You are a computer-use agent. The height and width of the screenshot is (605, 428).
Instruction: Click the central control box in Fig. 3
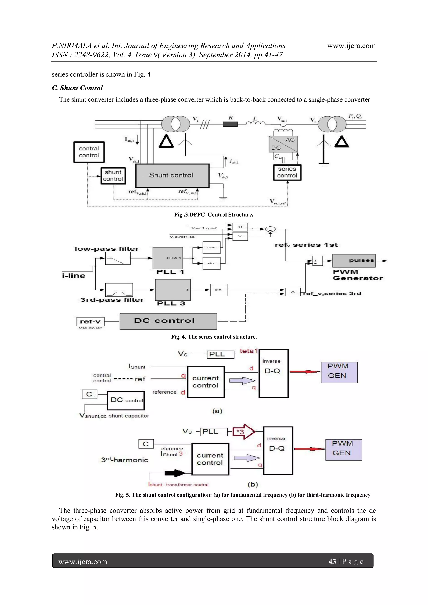point(89,152)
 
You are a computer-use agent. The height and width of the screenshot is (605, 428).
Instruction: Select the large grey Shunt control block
point(172,176)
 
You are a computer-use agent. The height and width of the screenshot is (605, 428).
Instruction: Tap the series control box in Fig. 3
point(287,172)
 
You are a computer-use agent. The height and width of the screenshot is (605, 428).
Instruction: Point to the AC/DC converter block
point(283,144)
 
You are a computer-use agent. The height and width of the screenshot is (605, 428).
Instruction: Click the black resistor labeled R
point(230,124)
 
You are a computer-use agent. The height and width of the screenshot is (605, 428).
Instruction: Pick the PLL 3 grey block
point(173,290)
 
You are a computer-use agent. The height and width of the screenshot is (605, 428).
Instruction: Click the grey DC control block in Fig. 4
point(168,321)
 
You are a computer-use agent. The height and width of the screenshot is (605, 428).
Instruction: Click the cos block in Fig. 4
point(211,248)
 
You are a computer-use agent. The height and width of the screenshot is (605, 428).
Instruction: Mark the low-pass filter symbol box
point(118,258)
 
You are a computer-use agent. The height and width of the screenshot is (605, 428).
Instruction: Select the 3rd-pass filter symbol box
point(119,290)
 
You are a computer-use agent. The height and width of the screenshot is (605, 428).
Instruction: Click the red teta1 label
point(248,351)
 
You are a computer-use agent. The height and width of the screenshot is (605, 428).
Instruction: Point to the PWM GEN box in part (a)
point(339,372)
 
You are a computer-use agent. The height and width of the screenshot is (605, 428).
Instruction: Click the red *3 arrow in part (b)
point(243,432)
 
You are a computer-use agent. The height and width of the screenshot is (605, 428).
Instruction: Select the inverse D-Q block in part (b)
point(278,450)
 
